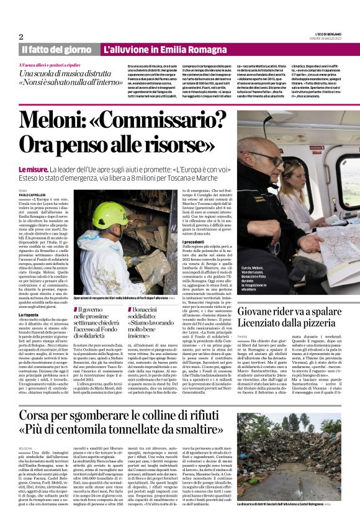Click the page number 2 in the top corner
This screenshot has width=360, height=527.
point(21,37)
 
